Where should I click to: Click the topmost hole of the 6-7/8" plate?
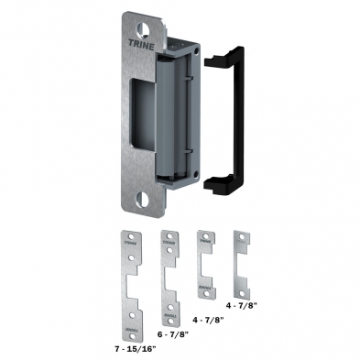pos(168,236)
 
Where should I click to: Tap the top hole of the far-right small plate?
pos(242,236)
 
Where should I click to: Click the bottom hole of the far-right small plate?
pos(242,287)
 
